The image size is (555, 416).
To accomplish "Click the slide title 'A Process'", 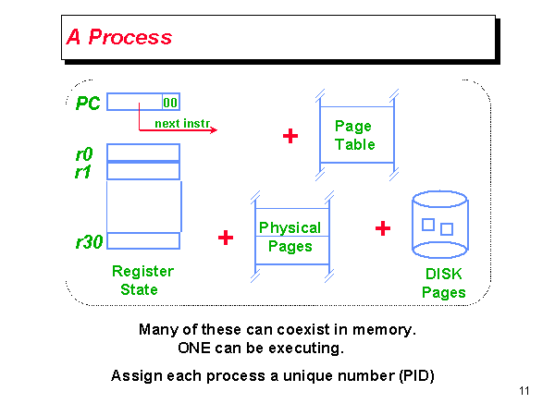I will coord(119,38).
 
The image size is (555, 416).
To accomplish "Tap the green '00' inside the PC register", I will coord(170,103).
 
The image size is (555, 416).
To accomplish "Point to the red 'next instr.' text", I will coord(179,122).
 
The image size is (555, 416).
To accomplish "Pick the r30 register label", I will coord(89,242).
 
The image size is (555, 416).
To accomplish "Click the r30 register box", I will coord(143,241).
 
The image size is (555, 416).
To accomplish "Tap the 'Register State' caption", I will coord(142,280).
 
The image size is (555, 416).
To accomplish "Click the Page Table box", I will coord(355,135).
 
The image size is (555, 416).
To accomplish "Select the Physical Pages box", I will coord(290,237).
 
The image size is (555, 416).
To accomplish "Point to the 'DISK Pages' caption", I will coord(444,284).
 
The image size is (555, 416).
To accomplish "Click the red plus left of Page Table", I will coord(290,136).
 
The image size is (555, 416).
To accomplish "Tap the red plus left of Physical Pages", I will coord(225,238).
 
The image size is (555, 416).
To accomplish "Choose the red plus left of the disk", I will coord(383,228).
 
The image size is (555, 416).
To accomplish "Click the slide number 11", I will coord(524,392).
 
